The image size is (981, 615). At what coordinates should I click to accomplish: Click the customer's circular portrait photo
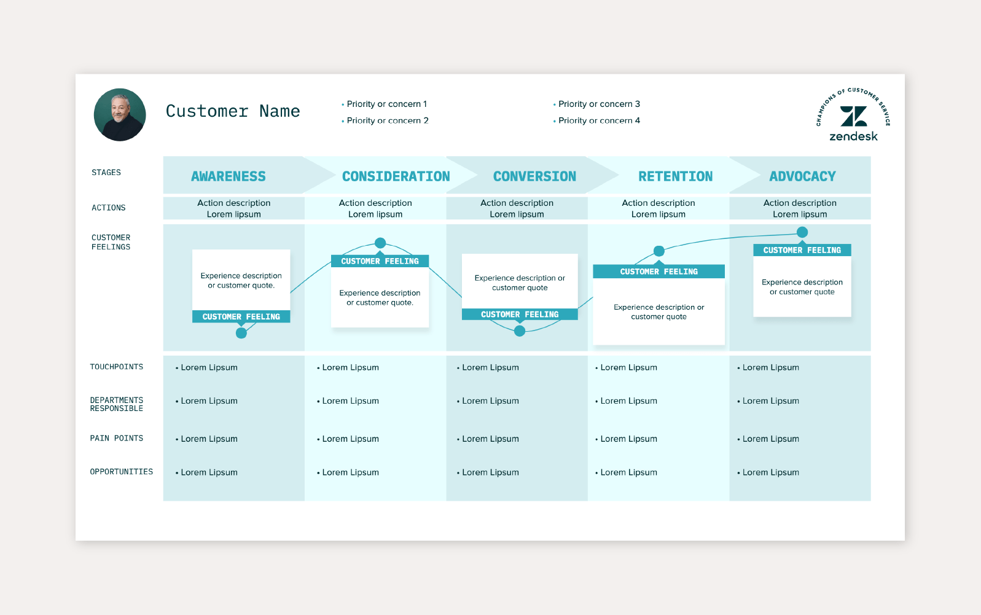pyautogui.click(x=120, y=115)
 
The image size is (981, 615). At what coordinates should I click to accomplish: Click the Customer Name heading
pyautogui.click(x=233, y=111)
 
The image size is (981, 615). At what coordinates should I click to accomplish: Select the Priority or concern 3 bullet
pyautogui.click(x=598, y=104)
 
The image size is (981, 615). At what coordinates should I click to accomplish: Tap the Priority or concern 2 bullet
pyautogui.click(x=386, y=120)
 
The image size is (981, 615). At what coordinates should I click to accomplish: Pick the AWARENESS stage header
pyautogui.click(x=228, y=176)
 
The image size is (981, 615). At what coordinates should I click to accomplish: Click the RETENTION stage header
pyautogui.click(x=675, y=176)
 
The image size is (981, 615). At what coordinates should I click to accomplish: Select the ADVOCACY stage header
pyautogui.click(x=802, y=176)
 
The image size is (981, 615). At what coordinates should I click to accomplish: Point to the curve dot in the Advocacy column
pyautogui.click(x=802, y=232)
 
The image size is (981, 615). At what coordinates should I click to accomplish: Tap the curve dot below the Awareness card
pyautogui.click(x=241, y=333)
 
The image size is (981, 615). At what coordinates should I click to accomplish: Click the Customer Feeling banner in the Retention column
pyautogui.click(x=659, y=272)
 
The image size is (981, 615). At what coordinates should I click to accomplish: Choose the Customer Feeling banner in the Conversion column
pyautogui.click(x=520, y=314)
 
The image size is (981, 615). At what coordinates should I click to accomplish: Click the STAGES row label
pyautogui.click(x=106, y=173)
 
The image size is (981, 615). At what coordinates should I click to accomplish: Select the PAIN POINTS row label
pyautogui.click(x=117, y=438)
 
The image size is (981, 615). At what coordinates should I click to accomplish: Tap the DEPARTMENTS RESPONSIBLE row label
pyautogui.click(x=117, y=404)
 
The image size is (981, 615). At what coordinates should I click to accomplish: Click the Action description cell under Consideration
pyautogui.click(x=375, y=208)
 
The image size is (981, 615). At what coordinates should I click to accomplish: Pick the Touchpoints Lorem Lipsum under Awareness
pyautogui.click(x=209, y=367)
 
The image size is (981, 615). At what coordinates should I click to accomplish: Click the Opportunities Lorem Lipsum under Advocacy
pyautogui.click(x=770, y=472)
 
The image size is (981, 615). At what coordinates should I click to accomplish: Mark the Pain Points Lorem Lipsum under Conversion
pyautogui.click(x=490, y=439)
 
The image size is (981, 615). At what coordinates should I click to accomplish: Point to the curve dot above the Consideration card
pyautogui.click(x=380, y=243)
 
